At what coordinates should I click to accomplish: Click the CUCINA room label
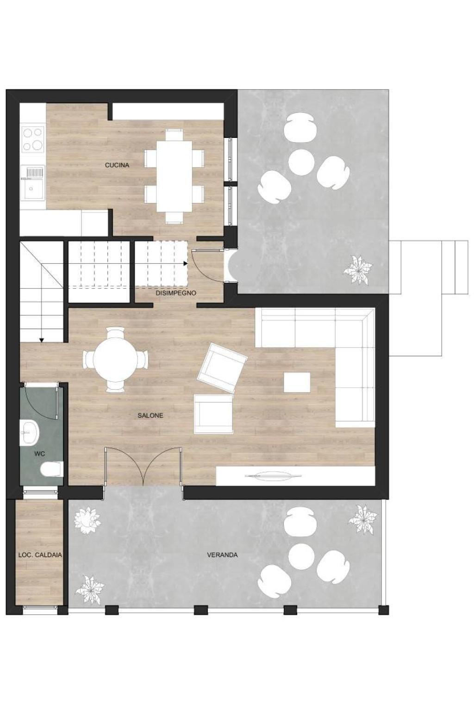[117, 165]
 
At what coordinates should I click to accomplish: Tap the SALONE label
[150, 415]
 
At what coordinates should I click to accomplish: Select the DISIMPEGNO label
[175, 293]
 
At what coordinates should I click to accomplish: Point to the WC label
[40, 454]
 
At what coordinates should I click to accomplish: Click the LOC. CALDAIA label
[40, 555]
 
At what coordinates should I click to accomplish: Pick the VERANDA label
[222, 555]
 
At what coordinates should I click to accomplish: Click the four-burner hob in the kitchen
[33, 138]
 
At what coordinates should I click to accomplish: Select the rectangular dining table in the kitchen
[175, 176]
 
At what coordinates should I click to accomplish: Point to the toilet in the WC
[52, 468]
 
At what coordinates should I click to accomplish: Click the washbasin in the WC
[29, 432]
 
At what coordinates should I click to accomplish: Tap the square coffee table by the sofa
[297, 382]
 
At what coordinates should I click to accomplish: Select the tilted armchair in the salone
[222, 368]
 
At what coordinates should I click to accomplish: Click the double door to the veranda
[143, 466]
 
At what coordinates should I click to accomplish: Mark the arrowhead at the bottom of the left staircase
[42, 340]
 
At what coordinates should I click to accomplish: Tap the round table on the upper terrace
[301, 162]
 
